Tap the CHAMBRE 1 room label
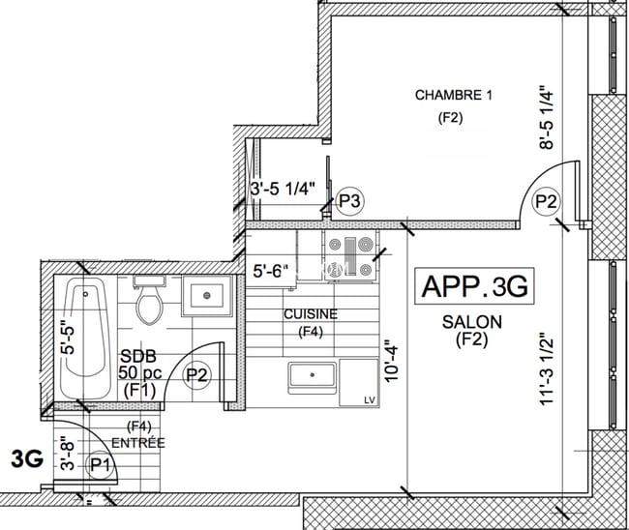(x=454, y=95)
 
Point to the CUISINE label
(x=310, y=314)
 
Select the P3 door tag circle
(x=349, y=201)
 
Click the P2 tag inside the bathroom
(x=197, y=373)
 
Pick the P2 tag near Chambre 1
(x=547, y=201)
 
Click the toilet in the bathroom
(x=149, y=302)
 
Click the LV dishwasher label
(x=369, y=399)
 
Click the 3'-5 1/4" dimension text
(x=283, y=190)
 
